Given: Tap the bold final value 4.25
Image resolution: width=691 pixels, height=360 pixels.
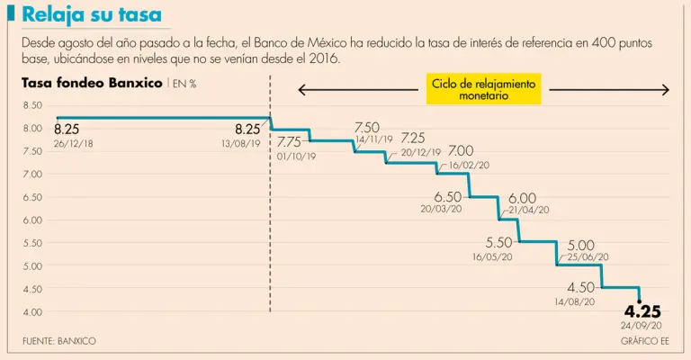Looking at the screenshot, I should [642, 312].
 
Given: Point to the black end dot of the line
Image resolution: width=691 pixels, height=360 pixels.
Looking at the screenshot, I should [640, 301].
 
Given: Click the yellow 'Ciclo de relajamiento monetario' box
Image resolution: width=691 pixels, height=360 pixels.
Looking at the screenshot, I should [483, 88].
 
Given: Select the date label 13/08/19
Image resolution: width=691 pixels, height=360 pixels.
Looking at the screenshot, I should [240, 143].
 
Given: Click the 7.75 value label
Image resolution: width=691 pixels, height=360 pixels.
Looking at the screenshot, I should [289, 142].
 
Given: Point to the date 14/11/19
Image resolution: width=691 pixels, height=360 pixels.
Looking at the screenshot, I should [373, 139].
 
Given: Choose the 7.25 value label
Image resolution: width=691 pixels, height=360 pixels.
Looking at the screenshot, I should [413, 138].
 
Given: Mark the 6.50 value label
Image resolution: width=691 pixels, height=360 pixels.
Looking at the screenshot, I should [447, 196].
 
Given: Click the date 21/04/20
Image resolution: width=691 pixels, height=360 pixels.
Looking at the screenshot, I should [528, 209].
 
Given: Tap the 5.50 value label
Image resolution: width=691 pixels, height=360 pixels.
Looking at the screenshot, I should [498, 242].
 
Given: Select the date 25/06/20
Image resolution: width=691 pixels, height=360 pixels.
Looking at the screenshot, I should [588, 256].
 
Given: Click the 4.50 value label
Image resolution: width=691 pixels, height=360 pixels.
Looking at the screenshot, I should [580, 287].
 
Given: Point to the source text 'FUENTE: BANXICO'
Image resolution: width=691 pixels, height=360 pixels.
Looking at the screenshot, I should [59, 341].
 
